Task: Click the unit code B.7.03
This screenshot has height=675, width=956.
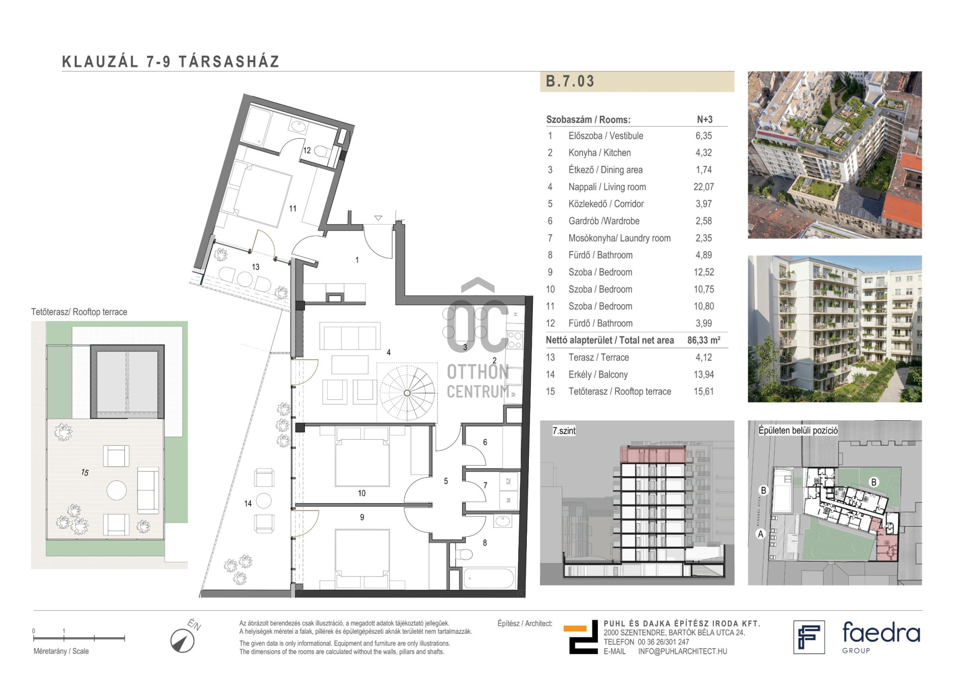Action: click(570, 81)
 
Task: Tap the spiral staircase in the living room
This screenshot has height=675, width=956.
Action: click(407, 393)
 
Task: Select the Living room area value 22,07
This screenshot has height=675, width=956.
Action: click(704, 187)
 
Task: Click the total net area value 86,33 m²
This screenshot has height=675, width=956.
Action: click(704, 340)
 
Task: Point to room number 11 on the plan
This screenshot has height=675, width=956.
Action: click(293, 209)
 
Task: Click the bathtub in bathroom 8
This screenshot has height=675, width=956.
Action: click(489, 579)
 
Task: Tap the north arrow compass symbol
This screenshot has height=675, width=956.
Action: click(182, 641)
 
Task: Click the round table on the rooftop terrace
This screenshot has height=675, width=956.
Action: click(117, 490)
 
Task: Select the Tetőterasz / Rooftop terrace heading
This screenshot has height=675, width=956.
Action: click(79, 312)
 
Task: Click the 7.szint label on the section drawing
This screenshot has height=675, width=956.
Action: click(564, 431)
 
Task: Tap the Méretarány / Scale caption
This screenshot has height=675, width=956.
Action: click(61, 651)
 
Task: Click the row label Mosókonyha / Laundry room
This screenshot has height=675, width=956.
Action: click(619, 238)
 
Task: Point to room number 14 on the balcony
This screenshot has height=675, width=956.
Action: click(248, 503)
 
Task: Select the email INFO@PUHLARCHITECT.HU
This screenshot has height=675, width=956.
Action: click(683, 651)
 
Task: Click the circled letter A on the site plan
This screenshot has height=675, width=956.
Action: click(760, 534)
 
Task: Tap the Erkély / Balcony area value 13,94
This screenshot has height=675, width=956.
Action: click(704, 375)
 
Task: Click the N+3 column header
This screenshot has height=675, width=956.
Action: click(705, 119)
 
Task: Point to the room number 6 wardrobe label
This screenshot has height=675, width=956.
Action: click(485, 442)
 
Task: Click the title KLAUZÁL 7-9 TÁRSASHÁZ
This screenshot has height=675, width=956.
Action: click(171, 62)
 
